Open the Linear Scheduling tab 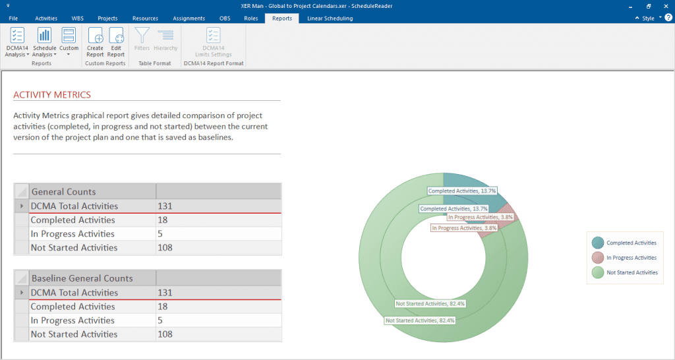[330, 18]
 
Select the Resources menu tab [145, 18]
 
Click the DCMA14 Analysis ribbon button [17, 42]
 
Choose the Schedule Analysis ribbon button [45, 42]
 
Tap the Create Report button [95, 42]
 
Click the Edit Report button [116, 42]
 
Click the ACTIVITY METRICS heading [52, 95]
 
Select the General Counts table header [63, 192]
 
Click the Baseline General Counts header [82, 278]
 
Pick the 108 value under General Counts [165, 248]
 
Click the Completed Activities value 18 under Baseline [163, 307]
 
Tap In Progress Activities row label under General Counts [73, 234]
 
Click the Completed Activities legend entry [631, 243]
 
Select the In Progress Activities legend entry [631, 258]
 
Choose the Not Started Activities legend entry [631, 272]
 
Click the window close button [665, 6]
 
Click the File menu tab [13, 18]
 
